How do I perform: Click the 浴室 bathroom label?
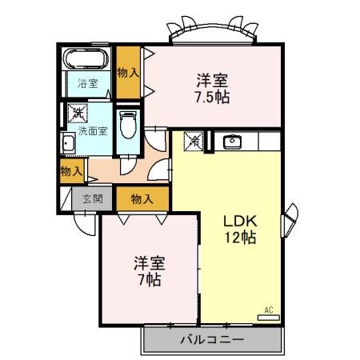(x=88, y=83)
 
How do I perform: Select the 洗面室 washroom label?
(x=93, y=131)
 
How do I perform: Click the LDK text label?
(x=239, y=221)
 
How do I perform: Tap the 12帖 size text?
(x=239, y=238)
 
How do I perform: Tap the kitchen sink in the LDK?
(x=234, y=142)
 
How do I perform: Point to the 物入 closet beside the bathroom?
(x=128, y=72)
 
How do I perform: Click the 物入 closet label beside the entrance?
(x=142, y=198)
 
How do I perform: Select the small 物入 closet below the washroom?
(x=72, y=170)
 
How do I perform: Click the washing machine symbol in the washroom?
(x=78, y=114)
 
